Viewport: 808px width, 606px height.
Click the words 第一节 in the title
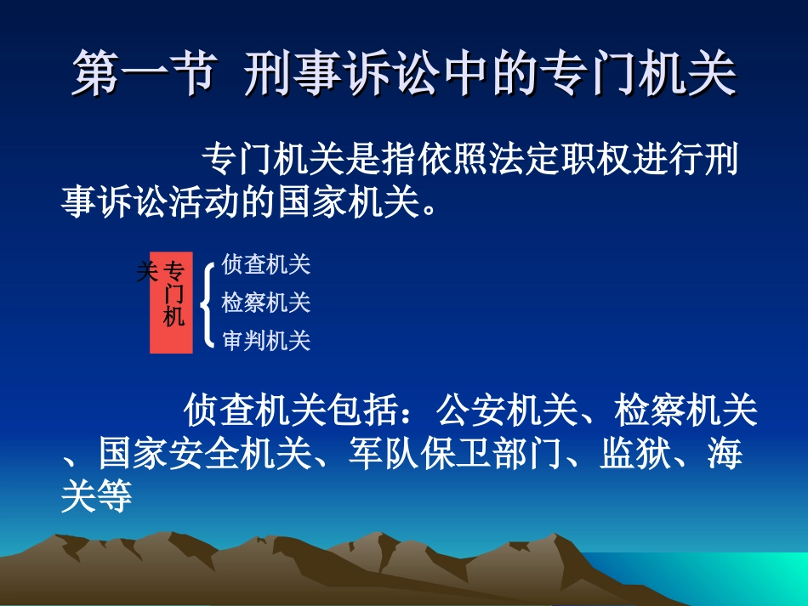point(140,76)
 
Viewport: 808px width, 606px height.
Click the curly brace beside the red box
point(206,303)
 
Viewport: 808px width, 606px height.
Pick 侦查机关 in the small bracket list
point(266,265)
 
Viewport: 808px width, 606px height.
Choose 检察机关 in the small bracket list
point(266,303)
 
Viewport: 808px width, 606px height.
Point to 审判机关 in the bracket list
point(266,342)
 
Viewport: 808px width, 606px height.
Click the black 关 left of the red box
point(146,273)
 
